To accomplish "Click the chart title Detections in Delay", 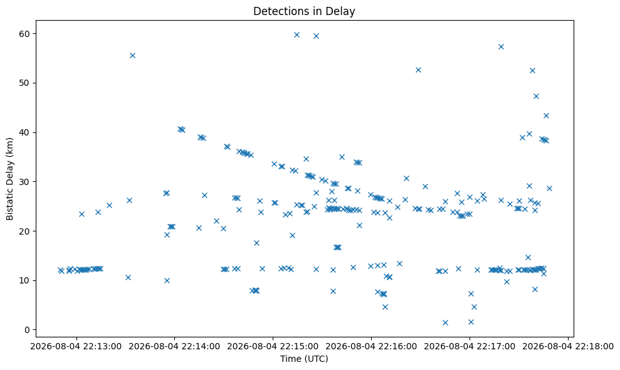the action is point(304,11).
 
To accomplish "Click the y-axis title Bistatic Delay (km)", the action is point(9,179).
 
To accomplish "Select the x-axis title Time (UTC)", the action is point(304,359).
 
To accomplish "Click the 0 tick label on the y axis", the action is point(28,330).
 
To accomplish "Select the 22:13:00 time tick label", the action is point(76,347).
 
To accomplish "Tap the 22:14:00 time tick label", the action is point(175,347).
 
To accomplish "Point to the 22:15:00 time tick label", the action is point(273,347).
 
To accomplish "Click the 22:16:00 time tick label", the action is point(371,347).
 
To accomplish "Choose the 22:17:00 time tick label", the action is point(470,347).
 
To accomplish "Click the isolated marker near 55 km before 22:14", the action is point(132,55).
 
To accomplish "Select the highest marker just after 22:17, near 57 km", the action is point(501,46).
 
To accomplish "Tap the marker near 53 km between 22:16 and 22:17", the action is point(418,70).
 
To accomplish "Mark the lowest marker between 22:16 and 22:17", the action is point(445,322).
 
